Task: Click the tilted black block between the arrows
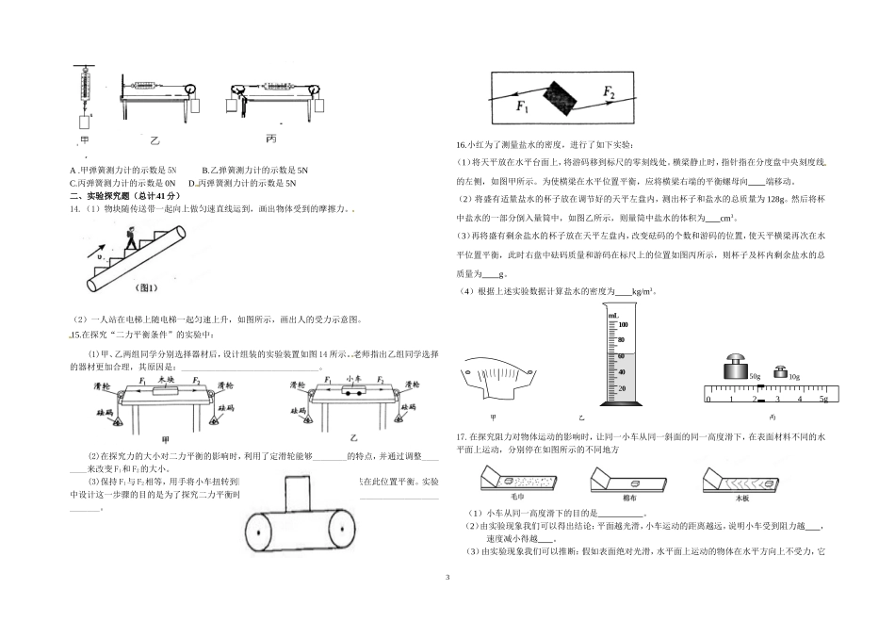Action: point(566,96)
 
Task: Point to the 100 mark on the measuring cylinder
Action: point(621,324)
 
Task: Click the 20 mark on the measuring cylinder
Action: point(621,388)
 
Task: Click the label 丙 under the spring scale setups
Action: point(271,139)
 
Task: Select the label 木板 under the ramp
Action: point(742,495)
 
